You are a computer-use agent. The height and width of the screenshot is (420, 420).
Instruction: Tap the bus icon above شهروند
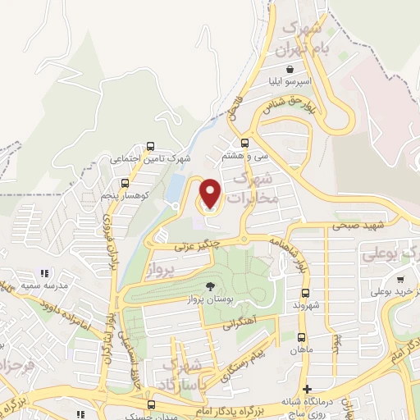click(305, 293)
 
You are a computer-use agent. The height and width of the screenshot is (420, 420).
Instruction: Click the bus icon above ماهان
click(301, 337)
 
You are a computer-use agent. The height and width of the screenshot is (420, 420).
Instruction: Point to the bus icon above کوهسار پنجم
click(124, 184)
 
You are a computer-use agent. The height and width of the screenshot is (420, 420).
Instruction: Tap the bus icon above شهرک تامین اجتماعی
click(149, 146)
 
